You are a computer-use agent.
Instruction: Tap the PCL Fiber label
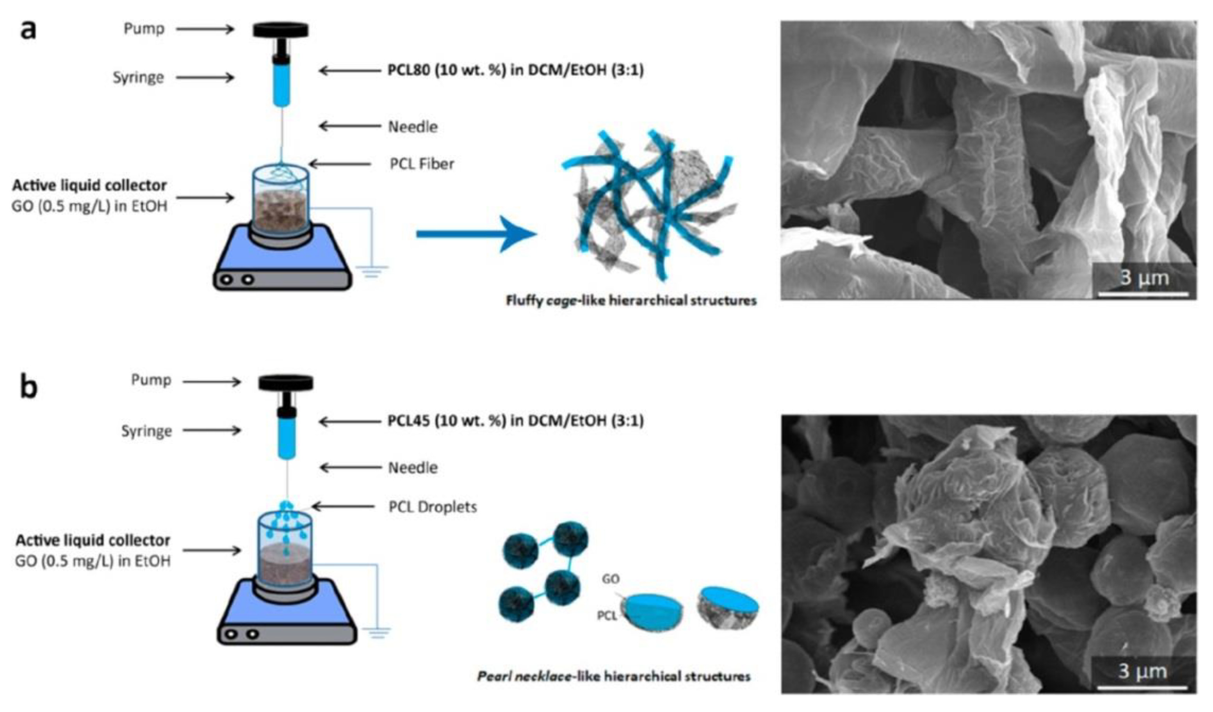pyautogui.click(x=422, y=164)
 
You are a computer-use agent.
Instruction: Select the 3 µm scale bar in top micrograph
pyautogui.click(x=1143, y=293)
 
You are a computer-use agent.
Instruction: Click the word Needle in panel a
pyautogui.click(x=413, y=127)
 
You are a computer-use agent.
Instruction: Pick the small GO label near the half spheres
pyautogui.click(x=610, y=579)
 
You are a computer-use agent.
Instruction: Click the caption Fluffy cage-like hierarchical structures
pyautogui.click(x=631, y=301)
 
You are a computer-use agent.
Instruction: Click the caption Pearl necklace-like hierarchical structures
pyautogui.click(x=614, y=676)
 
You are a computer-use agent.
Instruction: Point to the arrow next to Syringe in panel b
pyautogui.click(x=212, y=431)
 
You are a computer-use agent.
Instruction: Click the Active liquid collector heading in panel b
pyautogui.click(x=93, y=540)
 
